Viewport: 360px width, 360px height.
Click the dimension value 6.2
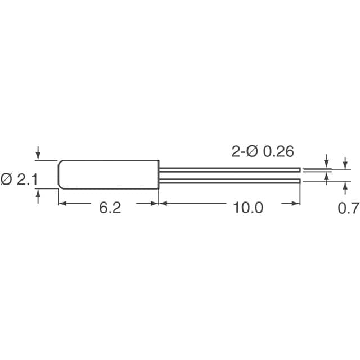(110, 208)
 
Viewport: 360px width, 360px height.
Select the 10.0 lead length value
(247, 208)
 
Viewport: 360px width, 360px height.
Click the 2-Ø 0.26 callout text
(263, 151)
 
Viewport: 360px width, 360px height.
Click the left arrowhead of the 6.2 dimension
(62, 203)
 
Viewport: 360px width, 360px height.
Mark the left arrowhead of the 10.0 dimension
(163, 203)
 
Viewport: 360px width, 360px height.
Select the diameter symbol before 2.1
(7, 179)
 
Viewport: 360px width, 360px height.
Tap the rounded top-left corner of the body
(61, 163)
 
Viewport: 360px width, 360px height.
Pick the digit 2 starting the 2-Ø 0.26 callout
(236, 151)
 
